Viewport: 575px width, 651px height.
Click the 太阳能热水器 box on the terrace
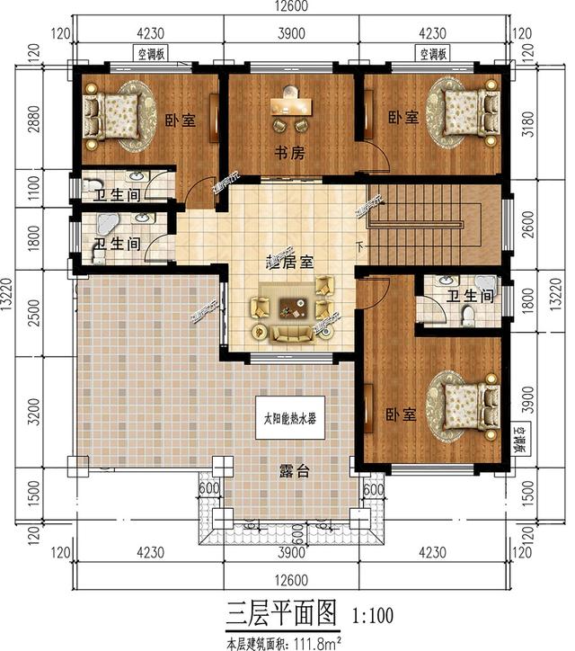coord(288,418)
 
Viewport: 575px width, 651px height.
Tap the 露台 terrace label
coord(288,471)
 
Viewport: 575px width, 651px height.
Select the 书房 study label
coord(289,154)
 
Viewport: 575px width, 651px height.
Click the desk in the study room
coord(291,106)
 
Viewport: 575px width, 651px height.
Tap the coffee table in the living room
coord(290,308)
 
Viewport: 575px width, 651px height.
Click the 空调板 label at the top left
coord(151,54)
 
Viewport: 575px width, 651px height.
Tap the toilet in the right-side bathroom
coord(468,316)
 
